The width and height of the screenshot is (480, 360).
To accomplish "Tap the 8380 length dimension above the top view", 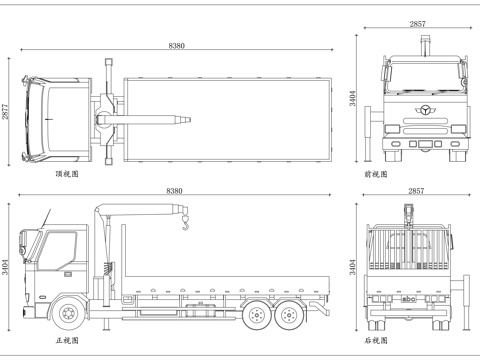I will point(176,47).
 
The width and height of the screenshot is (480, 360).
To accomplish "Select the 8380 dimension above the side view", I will point(176,191).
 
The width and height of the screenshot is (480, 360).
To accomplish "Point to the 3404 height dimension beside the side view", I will point(7,266).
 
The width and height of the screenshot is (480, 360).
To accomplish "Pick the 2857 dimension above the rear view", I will point(416,191).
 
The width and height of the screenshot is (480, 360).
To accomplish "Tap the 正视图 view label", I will point(67,340).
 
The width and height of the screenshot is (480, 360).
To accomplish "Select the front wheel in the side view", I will point(69,314).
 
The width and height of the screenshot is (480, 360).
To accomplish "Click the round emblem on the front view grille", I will point(420,109).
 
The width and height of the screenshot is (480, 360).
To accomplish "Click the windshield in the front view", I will point(420,76).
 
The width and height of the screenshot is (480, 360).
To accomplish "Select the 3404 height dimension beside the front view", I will point(352,98).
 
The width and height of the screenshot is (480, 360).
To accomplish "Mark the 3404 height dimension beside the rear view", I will point(352,266).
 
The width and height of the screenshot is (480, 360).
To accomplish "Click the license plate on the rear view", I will point(410,297).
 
